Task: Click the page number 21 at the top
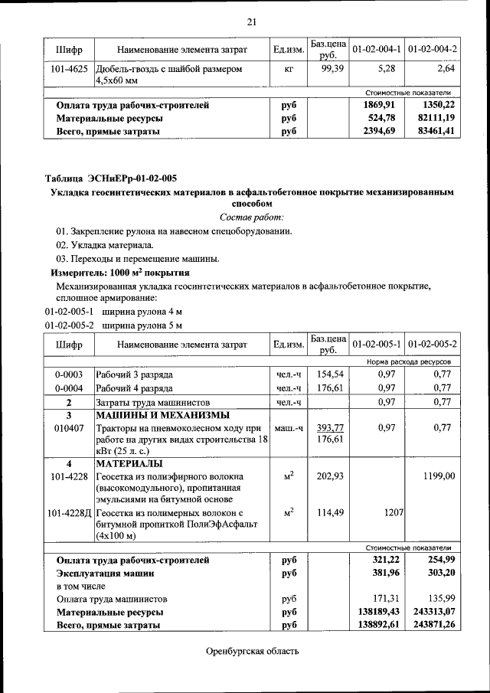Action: click(x=250, y=21)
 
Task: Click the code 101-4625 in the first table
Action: click(x=70, y=69)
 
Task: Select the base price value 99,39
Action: click(x=328, y=69)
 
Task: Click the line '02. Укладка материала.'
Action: click(x=105, y=245)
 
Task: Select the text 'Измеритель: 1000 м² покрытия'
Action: click(x=120, y=272)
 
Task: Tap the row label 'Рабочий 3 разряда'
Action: click(x=134, y=375)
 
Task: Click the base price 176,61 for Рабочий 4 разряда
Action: click(x=328, y=388)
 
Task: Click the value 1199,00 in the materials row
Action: click(x=439, y=476)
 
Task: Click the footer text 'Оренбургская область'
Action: click(x=252, y=652)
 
